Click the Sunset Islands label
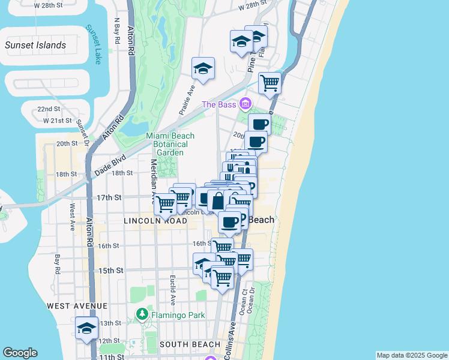(35, 45)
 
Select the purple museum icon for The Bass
(245, 104)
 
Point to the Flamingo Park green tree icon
(142, 314)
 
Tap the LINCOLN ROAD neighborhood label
(155, 221)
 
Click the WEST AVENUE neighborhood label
(76, 306)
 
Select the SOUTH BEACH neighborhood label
(190, 344)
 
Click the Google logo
(20, 353)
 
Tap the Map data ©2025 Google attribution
(412, 355)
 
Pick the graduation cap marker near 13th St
(87, 329)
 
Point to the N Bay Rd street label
(118, 32)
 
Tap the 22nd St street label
(49, 109)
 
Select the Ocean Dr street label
(252, 298)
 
